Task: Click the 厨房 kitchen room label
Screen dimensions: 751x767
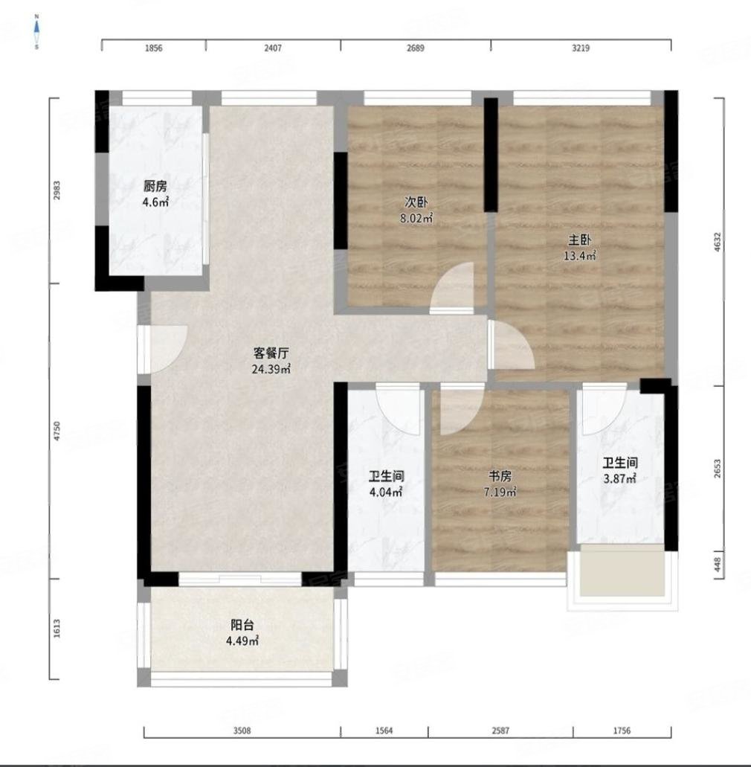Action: coord(155,186)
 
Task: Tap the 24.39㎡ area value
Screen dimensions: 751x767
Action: coord(271,369)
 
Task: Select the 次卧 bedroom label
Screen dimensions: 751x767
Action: coord(416,202)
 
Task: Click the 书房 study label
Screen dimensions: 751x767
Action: coord(500,476)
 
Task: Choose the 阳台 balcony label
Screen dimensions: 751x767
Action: coord(242,625)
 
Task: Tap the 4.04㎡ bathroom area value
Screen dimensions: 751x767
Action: coord(386,492)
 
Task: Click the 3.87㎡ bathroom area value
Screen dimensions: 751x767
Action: coord(619,479)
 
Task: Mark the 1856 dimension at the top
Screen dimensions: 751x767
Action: coord(153,48)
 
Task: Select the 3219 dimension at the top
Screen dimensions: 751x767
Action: coord(581,48)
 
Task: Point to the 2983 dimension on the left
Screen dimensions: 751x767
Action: coord(57,190)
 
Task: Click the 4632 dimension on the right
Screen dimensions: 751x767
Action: coord(718,242)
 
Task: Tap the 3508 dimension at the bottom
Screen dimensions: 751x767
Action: coord(242,731)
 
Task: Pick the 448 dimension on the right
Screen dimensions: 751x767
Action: coord(718,565)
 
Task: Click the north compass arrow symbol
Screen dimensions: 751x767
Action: coord(36,32)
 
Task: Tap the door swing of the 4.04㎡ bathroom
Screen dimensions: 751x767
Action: coord(398,410)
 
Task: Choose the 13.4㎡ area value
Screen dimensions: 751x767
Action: coord(580,256)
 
